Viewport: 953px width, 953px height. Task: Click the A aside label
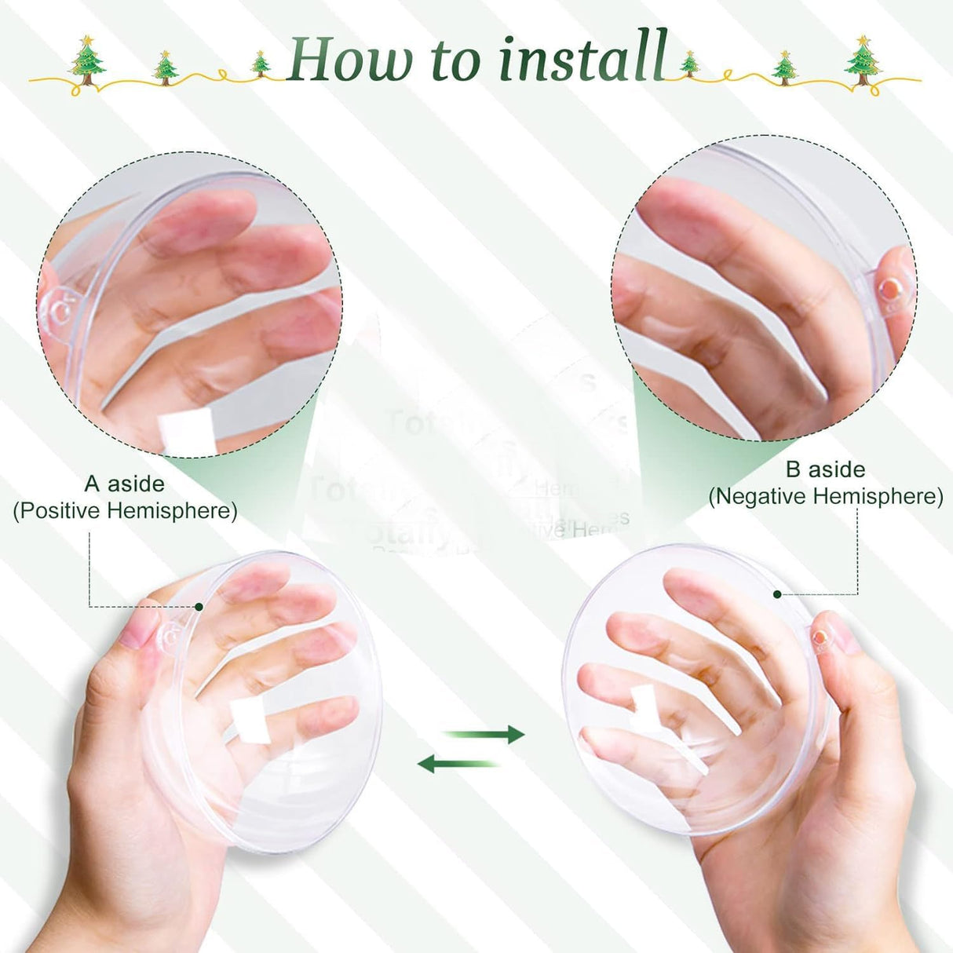click(x=124, y=484)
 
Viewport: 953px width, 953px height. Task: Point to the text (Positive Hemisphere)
click(x=125, y=511)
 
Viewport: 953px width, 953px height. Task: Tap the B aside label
click(x=825, y=469)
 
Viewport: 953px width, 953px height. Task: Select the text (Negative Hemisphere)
click(x=825, y=497)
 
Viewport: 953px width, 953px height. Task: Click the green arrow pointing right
click(x=484, y=734)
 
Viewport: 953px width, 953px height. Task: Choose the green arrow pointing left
click(x=458, y=762)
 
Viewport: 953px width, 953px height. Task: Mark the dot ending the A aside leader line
click(x=199, y=607)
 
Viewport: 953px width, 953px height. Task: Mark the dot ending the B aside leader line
click(x=777, y=594)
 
